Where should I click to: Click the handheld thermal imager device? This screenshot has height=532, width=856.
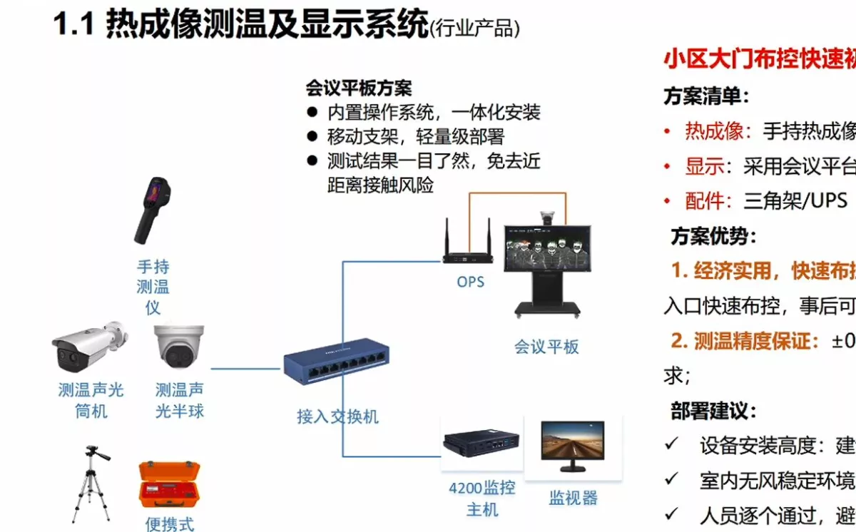[153, 210]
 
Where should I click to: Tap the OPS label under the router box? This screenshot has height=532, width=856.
[470, 282]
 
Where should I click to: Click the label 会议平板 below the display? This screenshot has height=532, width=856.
[546, 347]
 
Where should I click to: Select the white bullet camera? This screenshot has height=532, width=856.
[87, 349]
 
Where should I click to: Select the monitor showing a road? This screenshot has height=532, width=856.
[573, 444]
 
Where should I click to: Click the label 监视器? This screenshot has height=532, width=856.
[573, 498]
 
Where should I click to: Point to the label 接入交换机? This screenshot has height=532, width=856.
[337, 416]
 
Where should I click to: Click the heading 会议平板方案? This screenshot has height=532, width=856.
[359, 88]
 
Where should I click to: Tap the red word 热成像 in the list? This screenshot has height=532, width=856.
[718, 131]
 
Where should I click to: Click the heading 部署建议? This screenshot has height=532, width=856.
[713, 411]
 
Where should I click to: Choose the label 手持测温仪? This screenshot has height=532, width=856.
[153, 287]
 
